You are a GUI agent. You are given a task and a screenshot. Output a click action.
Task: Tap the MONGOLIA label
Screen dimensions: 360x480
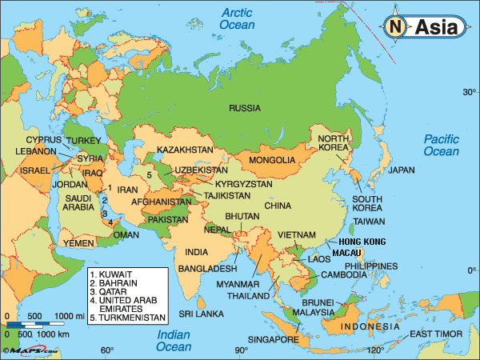pos(272,160)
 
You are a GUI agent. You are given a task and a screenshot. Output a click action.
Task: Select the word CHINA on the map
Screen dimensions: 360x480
pos(278,206)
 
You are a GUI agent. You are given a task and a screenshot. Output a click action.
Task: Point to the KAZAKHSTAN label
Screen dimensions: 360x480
pos(185,150)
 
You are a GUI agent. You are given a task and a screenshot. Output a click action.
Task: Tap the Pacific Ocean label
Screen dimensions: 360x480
pos(442,145)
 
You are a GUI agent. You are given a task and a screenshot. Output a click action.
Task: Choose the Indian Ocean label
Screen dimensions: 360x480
pos(173,341)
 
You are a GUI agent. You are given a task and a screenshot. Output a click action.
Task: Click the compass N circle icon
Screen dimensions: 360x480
pos(396,26)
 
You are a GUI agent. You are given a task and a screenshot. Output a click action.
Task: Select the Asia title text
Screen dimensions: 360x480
pos(436,26)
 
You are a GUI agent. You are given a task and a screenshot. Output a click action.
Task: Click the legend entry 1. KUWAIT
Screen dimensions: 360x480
pos(115,274)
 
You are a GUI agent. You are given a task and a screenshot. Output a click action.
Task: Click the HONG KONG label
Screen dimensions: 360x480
pos(362,242)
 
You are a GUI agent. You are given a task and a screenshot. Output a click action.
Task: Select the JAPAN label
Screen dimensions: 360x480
pos(402,170)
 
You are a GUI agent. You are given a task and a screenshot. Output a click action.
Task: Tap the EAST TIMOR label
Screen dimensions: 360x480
pos(434,334)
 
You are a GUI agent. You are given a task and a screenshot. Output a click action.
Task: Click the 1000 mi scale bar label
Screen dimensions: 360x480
pos(69,314)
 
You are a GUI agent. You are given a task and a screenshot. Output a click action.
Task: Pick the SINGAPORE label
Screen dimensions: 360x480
pos(272,339)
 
